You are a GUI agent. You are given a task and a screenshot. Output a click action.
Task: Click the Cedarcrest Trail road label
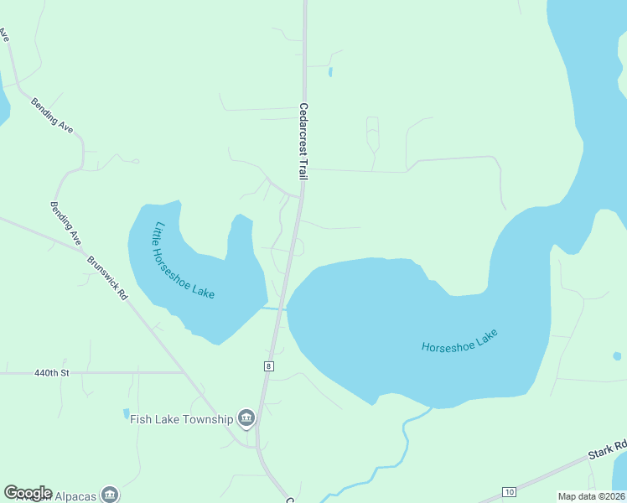(x=303, y=140)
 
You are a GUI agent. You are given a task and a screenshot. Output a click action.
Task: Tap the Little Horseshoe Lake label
(x=183, y=261)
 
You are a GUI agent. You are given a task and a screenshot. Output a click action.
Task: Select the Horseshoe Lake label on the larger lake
(x=459, y=341)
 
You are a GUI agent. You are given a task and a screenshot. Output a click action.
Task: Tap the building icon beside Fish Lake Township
(x=246, y=417)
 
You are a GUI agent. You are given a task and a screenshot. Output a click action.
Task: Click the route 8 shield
(x=268, y=366)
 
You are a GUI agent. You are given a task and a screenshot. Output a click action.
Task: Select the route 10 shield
(x=509, y=490)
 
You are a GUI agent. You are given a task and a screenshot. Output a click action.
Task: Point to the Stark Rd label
(x=607, y=450)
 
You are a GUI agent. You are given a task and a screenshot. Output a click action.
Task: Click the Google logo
(x=28, y=493)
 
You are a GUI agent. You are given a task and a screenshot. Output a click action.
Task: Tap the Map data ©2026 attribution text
(x=592, y=496)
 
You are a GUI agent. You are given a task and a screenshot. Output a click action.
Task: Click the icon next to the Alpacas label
(x=110, y=494)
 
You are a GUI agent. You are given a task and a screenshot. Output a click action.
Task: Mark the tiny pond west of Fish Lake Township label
(x=127, y=413)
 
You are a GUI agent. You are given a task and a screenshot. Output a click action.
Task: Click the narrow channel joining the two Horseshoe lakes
(x=274, y=309)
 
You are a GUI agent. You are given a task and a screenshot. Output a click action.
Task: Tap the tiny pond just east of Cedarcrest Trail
(x=330, y=71)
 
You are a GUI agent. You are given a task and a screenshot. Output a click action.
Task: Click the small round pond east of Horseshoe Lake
(x=617, y=356)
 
